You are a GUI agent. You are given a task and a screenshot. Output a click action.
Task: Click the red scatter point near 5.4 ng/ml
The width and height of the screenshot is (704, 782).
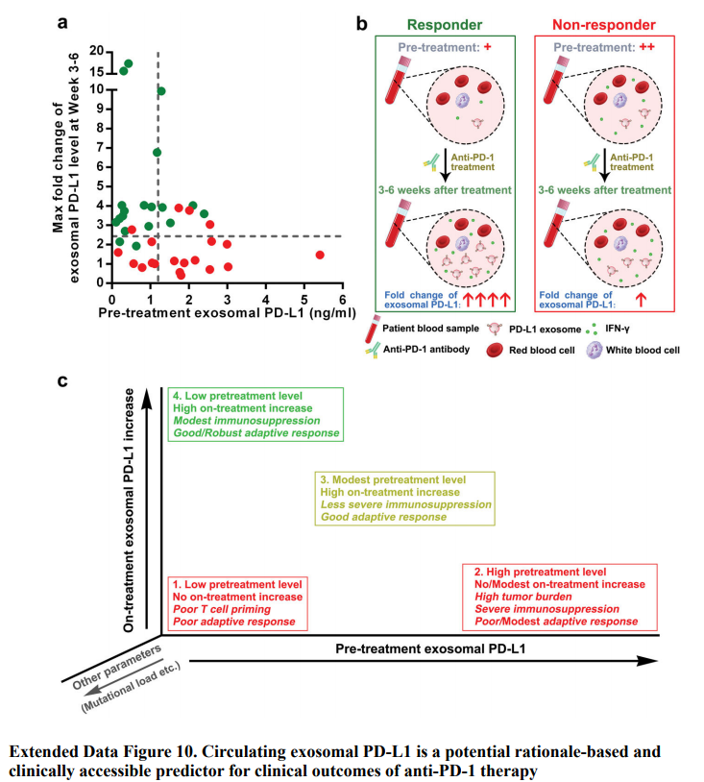(x=320, y=255)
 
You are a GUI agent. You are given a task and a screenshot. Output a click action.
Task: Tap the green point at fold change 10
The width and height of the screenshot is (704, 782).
(x=161, y=91)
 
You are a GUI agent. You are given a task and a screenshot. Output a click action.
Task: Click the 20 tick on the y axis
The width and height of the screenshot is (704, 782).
(x=97, y=50)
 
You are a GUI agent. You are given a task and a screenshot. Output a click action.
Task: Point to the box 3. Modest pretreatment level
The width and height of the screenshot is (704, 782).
(x=404, y=498)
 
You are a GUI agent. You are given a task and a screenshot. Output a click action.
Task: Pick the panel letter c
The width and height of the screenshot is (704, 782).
(x=62, y=381)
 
